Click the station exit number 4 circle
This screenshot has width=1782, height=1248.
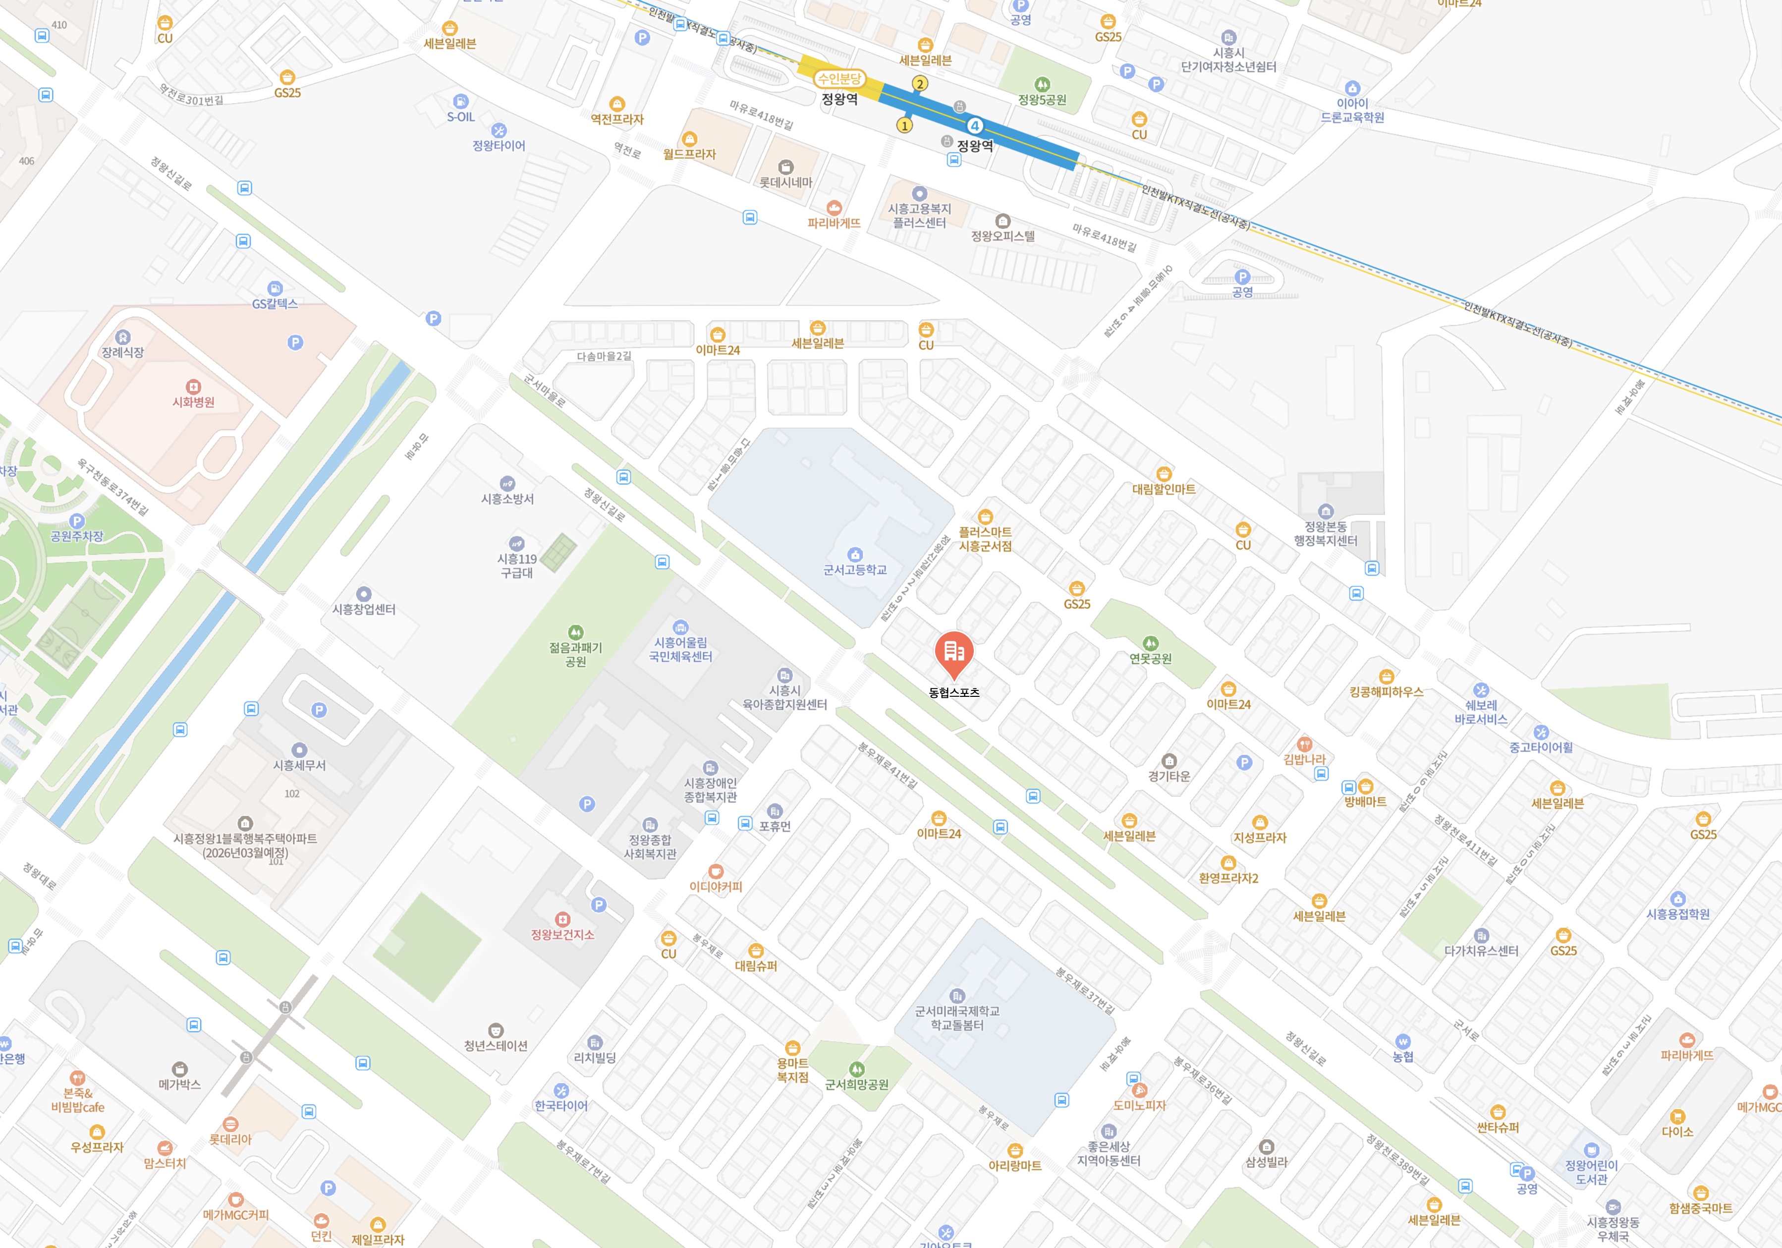point(975,126)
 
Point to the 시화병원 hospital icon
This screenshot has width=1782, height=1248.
point(193,387)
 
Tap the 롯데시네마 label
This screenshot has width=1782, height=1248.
point(785,182)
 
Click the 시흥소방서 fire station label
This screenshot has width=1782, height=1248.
point(507,499)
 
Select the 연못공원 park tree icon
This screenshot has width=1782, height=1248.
point(1150,643)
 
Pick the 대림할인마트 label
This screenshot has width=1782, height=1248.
point(1164,489)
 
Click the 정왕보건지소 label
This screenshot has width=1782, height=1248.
point(562,934)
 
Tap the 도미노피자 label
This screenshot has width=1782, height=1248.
point(1139,1105)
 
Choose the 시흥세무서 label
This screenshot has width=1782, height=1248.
point(300,765)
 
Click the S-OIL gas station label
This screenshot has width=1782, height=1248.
point(460,117)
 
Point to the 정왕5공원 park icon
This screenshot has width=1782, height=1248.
point(1042,84)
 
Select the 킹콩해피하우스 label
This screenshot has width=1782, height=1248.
point(1386,691)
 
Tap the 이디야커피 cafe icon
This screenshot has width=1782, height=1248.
point(716,871)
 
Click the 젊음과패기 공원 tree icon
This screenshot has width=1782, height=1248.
point(575,632)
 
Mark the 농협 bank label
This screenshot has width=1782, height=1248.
point(1402,1057)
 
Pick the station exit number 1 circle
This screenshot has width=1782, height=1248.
point(904,125)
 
